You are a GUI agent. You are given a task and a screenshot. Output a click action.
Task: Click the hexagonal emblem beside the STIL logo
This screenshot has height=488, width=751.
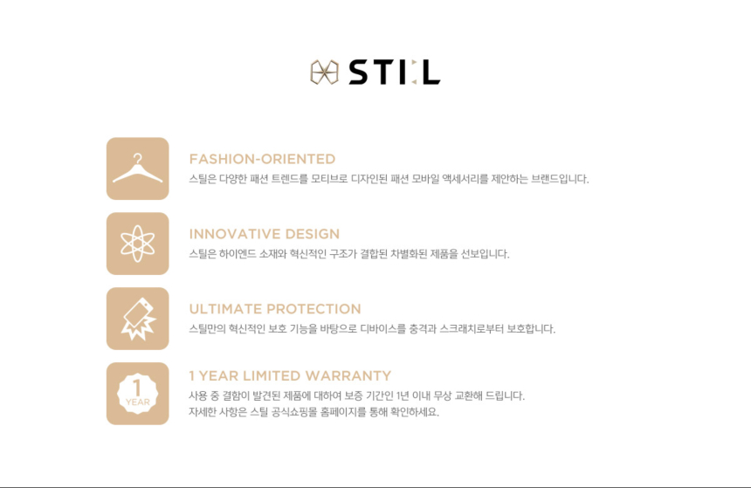coord(324,72)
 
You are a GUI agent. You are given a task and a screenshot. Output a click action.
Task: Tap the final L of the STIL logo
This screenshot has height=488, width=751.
coord(431,72)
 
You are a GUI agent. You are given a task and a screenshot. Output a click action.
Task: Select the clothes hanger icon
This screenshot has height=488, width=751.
coord(137,168)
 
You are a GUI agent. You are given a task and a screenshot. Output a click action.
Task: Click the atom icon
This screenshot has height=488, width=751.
coord(137,244)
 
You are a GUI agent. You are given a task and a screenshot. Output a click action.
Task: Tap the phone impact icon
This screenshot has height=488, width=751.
coord(137,319)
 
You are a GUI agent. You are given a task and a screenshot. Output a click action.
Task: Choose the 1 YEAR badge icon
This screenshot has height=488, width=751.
coord(137,393)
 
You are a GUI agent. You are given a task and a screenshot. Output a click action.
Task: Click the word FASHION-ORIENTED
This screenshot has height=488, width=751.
coord(262,159)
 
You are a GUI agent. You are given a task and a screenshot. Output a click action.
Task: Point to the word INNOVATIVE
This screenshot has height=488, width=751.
coord(235,234)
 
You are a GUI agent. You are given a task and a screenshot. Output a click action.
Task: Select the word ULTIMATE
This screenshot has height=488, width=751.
coord(225,309)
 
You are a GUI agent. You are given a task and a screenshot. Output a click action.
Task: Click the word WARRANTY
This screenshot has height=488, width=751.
coord(348,376)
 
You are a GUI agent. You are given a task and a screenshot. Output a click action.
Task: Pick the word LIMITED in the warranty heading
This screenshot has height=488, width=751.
coord(272,376)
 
